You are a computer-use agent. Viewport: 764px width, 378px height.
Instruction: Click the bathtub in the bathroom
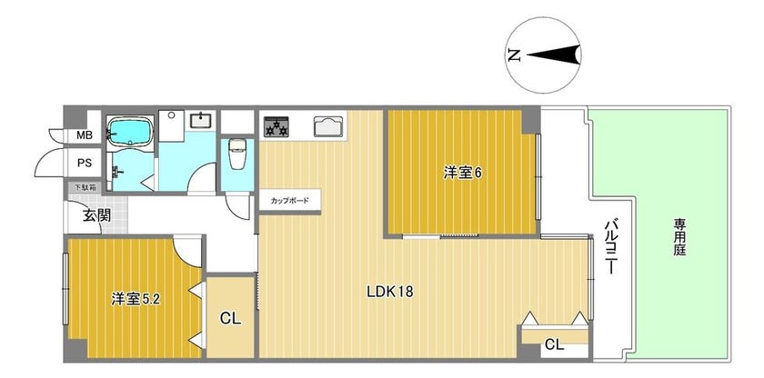click(129, 131)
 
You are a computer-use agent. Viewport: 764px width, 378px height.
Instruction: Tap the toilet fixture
click(237, 154)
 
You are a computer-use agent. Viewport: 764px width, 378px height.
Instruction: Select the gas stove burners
click(276, 126)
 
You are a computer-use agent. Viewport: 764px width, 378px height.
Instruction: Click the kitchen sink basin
click(329, 126)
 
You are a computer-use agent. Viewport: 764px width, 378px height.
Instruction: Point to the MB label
click(85, 135)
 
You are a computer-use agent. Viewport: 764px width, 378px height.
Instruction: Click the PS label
click(85, 163)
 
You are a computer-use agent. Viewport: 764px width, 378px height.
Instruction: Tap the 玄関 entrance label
click(96, 215)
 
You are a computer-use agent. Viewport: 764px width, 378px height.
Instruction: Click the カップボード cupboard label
click(290, 200)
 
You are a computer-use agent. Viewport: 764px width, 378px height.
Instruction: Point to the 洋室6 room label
click(462, 173)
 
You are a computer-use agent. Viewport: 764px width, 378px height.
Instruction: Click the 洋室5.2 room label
click(136, 298)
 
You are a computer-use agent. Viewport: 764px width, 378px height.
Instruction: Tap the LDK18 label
click(390, 292)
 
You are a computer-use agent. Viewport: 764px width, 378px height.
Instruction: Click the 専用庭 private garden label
click(679, 237)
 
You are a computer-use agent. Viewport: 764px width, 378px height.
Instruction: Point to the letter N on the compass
click(514, 55)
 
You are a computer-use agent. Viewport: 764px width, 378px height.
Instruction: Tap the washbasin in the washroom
click(200, 120)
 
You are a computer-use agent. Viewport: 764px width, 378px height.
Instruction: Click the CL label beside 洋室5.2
click(230, 319)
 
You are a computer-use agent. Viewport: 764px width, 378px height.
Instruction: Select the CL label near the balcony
click(555, 346)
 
